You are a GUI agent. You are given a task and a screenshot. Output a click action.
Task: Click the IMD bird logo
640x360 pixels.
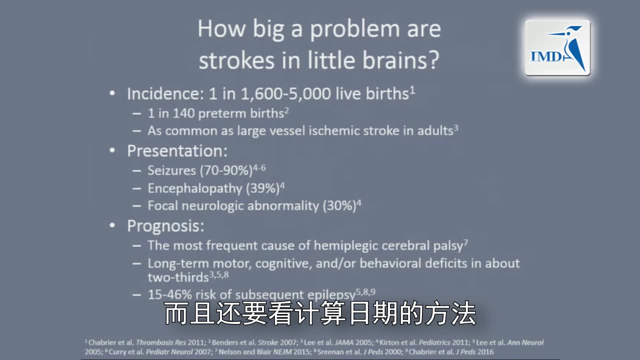click(x=557, y=48)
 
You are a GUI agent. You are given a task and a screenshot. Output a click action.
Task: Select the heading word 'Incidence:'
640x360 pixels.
click(x=163, y=94)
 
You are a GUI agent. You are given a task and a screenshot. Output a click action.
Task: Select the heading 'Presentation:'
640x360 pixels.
click(x=177, y=151)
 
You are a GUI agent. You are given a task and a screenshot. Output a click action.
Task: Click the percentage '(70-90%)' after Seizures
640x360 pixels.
click(x=226, y=170)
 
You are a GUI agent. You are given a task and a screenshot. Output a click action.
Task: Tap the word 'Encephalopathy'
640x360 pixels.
click(x=194, y=188)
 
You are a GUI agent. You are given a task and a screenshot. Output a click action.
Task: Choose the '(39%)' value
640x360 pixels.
click(x=262, y=188)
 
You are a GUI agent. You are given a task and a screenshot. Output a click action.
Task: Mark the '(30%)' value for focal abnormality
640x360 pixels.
click(x=339, y=205)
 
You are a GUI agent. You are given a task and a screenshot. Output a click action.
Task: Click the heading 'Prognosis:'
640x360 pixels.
click(x=165, y=226)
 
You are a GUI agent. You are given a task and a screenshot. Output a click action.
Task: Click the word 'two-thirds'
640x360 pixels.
click(x=177, y=277)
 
